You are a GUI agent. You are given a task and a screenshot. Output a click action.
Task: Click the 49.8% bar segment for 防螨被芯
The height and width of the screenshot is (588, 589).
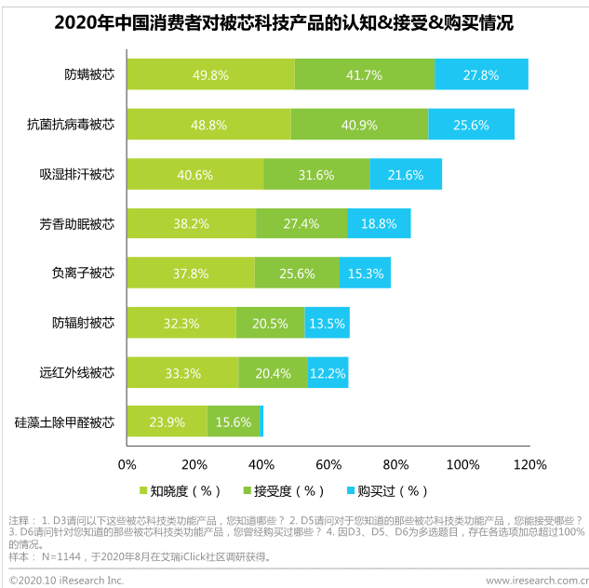(x=210, y=74)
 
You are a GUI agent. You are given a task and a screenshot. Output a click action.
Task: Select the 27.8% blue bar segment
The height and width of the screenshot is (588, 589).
(x=481, y=74)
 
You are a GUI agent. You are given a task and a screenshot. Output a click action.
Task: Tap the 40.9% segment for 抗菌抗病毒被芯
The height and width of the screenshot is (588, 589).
(x=359, y=124)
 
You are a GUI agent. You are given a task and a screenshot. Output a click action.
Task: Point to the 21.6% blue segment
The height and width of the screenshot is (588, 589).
(x=406, y=174)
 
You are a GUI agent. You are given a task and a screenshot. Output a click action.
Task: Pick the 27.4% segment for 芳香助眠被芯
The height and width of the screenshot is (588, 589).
(x=301, y=223)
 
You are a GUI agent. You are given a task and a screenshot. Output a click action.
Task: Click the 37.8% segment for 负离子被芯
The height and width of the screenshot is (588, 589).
(x=191, y=273)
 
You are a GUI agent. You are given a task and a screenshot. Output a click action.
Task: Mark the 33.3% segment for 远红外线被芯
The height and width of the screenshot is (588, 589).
(x=182, y=372)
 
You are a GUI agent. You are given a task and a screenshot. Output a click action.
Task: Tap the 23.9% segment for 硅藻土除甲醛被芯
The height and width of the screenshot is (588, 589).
(x=167, y=421)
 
